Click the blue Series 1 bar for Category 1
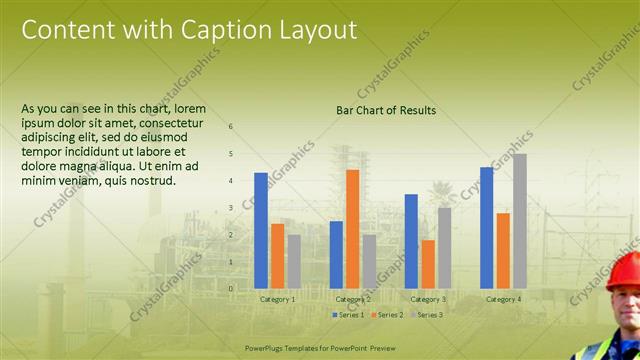[261, 230]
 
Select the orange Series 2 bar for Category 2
[352, 229]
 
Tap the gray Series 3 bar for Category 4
[520, 221]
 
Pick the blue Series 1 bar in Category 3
[411, 241]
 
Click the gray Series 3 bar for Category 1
[294, 261]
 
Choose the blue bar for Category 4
[486, 227]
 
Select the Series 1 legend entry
[348, 315]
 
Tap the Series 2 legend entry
[386, 315]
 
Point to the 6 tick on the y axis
[231, 127]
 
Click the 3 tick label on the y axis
[231, 208]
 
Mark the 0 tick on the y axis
[231, 288]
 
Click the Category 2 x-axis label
[353, 299]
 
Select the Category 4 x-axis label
[503, 299]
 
